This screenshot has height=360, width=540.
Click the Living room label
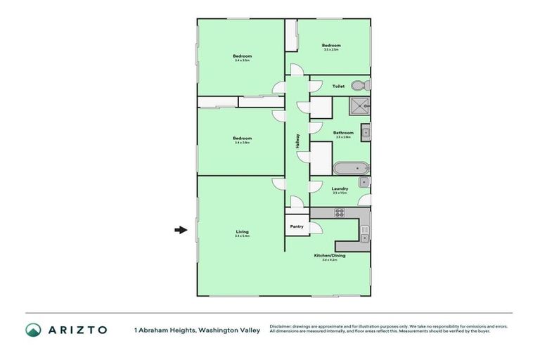pyautogui.click(x=242, y=231)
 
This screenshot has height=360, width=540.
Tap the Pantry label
pyautogui.click(x=297, y=226)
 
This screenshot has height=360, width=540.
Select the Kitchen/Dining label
pyautogui.click(x=330, y=255)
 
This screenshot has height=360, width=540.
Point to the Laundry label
pyautogui.click(x=340, y=188)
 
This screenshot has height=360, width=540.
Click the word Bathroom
pyautogui.click(x=343, y=132)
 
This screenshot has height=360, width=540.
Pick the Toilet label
pyautogui.click(x=338, y=86)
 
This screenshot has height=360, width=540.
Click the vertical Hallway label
pyautogui.click(x=297, y=141)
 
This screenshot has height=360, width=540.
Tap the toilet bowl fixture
pyautogui.click(x=359, y=86)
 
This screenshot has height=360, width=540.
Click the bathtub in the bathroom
pyautogui.click(x=349, y=169)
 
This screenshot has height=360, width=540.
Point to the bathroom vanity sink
pyautogui.click(x=366, y=132)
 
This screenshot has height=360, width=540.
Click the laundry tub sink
pyautogui.click(x=364, y=183)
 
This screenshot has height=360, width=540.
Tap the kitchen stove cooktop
pyautogui.click(x=339, y=213)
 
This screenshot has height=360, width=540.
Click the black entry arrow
pyautogui.click(x=181, y=229)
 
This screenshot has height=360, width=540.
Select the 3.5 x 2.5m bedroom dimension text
pyautogui.click(x=330, y=49)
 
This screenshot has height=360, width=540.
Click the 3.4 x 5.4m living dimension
pyautogui.click(x=242, y=236)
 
